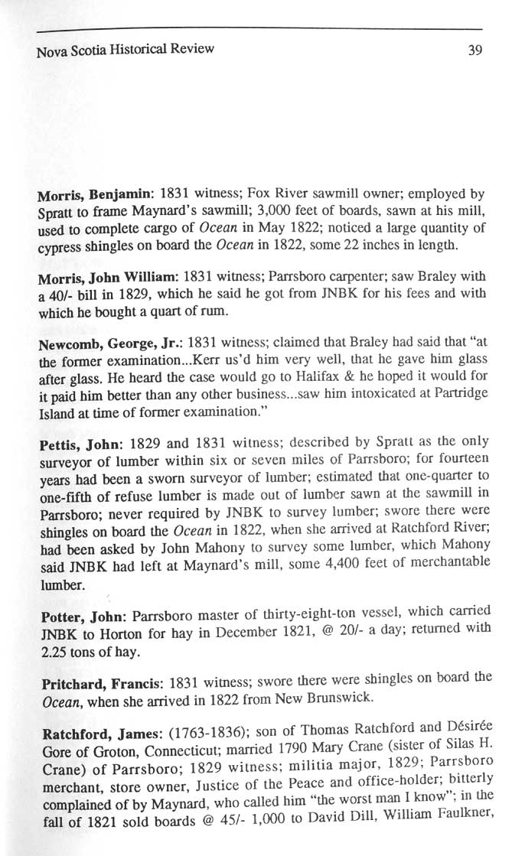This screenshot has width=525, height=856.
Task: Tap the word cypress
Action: [x=60, y=245]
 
